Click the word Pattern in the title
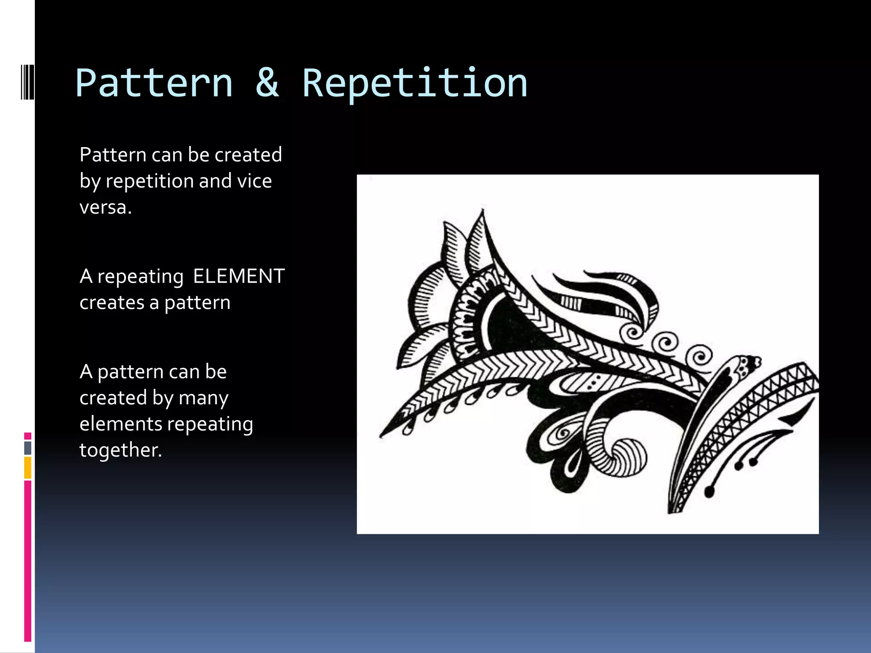[x=154, y=84]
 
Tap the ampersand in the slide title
[x=267, y=83]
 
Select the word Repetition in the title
[x=415, y=84]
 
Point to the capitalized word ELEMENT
[x=239, y=276]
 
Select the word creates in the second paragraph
[x=111, y=303]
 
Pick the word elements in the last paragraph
[x=120, y=424]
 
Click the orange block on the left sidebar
[x=28, y=468]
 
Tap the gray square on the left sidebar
[x=28, y=448]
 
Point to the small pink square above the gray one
[x=28, y=436]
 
